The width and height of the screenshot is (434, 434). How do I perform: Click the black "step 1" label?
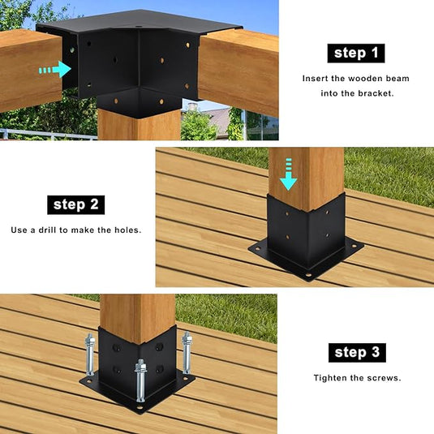click(356, 54)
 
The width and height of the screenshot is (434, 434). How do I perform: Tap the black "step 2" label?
click(75, 204)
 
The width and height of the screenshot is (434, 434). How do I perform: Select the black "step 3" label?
click(357, 353)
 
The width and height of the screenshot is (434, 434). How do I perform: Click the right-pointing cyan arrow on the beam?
click(55, 70)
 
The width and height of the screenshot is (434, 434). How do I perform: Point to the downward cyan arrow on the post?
click(289, 174)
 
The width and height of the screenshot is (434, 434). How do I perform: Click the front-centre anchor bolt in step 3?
click(140, 380)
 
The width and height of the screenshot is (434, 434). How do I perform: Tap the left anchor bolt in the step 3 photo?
click(90, 355)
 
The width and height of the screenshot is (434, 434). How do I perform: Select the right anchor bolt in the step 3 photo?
click(187, 352)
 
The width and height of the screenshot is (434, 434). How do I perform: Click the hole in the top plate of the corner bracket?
click(138, 27)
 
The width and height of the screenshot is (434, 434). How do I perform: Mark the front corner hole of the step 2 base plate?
click(308, 276)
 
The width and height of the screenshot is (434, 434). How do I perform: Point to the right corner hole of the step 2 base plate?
click(354, 246)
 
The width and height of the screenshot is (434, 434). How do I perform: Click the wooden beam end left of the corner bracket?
click(31, 71)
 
